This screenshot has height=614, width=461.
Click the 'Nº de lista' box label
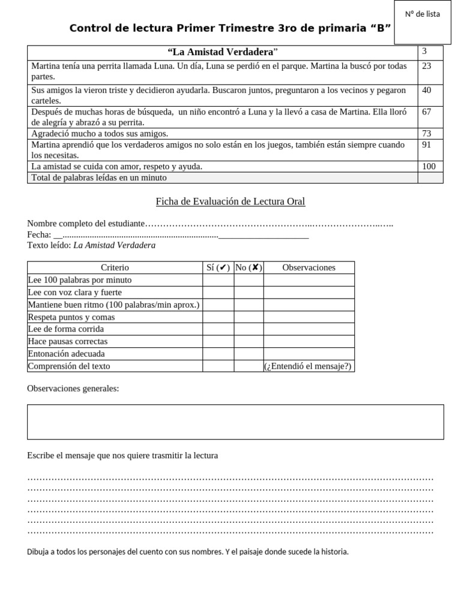[423, 14]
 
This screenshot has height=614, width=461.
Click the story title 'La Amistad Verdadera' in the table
[222, 52]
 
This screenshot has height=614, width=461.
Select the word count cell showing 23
[427, 66]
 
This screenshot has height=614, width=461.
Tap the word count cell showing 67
[427, 112]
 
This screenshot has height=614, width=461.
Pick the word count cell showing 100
[429, 167]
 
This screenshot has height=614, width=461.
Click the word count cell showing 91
[427, 145]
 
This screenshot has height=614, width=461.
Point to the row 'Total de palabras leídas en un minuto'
[99, 178]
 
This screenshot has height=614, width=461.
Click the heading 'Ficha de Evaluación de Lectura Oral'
[230, 201]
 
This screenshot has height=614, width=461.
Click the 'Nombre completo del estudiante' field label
[86, 224]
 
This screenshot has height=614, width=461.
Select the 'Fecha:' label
[39, 235]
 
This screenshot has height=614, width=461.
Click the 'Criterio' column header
[115, 268]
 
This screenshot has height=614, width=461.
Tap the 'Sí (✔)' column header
[218, 268]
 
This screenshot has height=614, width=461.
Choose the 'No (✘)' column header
[249, 268]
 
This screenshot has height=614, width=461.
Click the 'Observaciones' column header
[309, 268]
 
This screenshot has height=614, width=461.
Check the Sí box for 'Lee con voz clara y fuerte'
[218, 293]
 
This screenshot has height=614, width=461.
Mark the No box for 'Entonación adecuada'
[249, 354]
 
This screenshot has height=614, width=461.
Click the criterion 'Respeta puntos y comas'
[71, 317]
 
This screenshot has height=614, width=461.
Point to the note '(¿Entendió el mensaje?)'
[308, 366]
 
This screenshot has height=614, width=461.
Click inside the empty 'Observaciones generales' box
[235, 422]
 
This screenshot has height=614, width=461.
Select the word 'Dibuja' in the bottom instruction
[38, 552]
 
